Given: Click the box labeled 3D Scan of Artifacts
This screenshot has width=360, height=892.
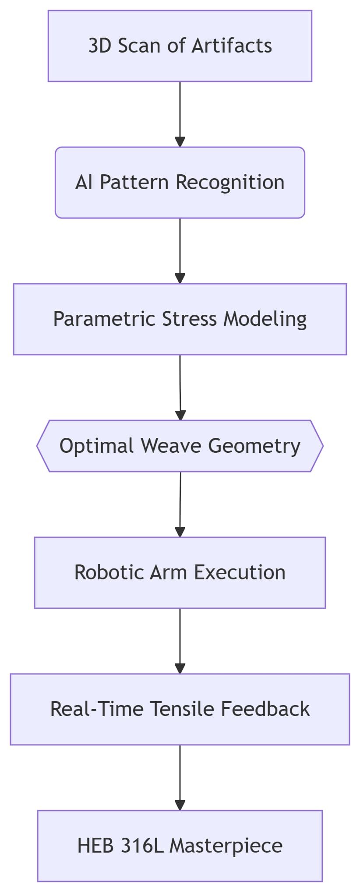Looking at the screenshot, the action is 180,46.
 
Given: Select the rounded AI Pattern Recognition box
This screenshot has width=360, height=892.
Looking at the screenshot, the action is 180,183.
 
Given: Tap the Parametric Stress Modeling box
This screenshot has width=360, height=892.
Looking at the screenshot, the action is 180,319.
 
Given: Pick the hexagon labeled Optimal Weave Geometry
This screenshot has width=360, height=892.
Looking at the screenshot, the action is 180,446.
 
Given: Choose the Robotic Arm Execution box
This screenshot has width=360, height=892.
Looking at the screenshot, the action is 180,573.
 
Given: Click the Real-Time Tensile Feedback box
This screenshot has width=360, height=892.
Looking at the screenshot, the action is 180,709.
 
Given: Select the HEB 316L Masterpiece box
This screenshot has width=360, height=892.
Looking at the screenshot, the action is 180,846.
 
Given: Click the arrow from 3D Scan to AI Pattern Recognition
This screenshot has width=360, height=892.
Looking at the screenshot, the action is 180,114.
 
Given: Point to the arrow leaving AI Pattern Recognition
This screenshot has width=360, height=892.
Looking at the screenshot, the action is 180,251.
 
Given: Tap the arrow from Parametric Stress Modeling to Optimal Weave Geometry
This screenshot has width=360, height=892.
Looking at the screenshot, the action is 180,388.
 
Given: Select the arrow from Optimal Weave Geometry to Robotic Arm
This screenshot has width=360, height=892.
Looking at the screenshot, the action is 180,504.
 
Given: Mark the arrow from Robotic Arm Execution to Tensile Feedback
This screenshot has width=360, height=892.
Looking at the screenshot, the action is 180,641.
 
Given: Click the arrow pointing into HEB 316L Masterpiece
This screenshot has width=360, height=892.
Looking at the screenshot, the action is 180,778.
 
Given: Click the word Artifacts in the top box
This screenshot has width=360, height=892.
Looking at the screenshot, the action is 232,46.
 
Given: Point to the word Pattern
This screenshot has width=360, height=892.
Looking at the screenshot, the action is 134,182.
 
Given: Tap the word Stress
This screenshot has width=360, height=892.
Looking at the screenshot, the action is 190,319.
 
